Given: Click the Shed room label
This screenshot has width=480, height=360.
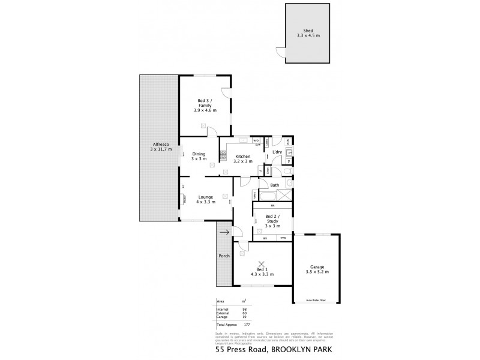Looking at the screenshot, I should pos(308,34).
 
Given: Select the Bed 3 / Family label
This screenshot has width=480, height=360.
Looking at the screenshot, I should pos(205,106).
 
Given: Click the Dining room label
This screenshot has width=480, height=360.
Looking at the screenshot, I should pos(199,157).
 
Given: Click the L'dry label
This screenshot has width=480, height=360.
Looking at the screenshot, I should pos(277,152).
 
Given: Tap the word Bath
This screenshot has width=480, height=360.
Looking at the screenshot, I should pos(274,185).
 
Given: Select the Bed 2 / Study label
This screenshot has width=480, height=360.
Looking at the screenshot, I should pos(272,221).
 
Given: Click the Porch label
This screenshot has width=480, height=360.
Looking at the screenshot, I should pos(224,256).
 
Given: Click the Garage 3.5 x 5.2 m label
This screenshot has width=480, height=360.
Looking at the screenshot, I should pos(317,269).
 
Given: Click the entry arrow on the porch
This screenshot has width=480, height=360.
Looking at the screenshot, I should pos(224,232).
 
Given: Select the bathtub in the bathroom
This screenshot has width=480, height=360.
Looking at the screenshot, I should pos(265,195).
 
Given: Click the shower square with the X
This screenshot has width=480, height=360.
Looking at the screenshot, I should pos(286,194).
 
